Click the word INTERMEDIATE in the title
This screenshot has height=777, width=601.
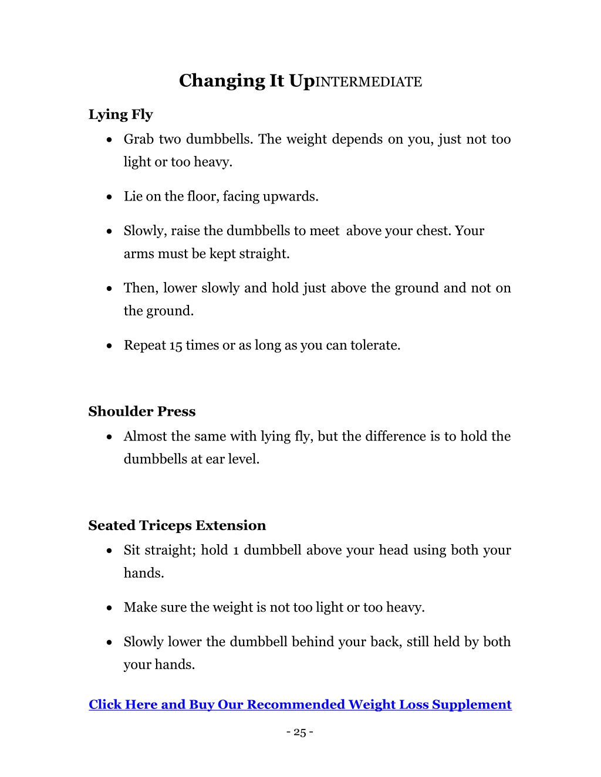coord(369,82)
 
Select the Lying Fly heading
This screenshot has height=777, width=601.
coord(120,114)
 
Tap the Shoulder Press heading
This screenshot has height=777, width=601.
coord(142,412)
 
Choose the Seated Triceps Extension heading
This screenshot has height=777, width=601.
coord(177,525)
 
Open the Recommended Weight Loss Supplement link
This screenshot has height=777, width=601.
coord(300,704)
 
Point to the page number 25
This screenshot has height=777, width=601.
coord(300,732)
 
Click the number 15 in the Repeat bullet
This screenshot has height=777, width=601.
coord(176,345)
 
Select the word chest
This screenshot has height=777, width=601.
coord(434,231)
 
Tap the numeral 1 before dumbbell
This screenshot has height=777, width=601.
coord(236,551)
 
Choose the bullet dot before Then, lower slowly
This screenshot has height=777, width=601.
coord(110,289)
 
